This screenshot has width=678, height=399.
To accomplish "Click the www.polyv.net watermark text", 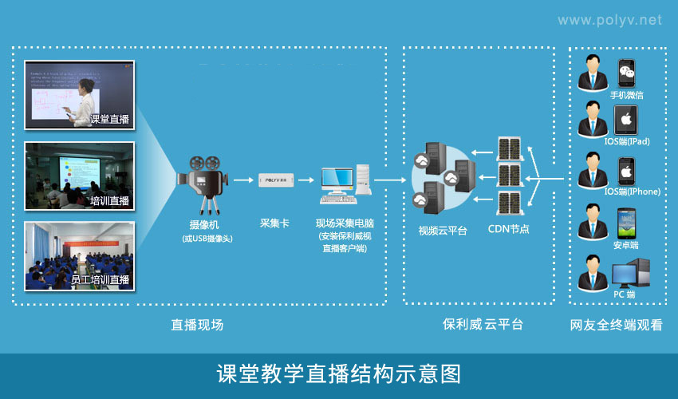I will coord(609,20).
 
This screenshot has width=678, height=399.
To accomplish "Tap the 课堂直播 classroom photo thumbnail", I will coord(79,94).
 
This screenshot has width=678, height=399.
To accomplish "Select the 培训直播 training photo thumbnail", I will coord(79,175).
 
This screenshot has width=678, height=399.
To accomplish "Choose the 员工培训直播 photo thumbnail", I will coord(79,255).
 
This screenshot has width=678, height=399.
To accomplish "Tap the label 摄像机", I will coord(206,225).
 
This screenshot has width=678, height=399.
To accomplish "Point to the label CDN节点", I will coord(508,230).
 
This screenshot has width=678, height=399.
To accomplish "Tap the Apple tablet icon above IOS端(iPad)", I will coord(627,121).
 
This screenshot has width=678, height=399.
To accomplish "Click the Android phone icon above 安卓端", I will coord(626,223).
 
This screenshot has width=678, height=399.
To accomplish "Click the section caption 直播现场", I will coord(197,325).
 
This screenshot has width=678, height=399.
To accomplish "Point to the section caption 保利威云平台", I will coord(483,325).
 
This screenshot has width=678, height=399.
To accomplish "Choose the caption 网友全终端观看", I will coord(616,326).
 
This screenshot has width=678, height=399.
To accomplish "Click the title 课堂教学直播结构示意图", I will coord(339,373).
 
